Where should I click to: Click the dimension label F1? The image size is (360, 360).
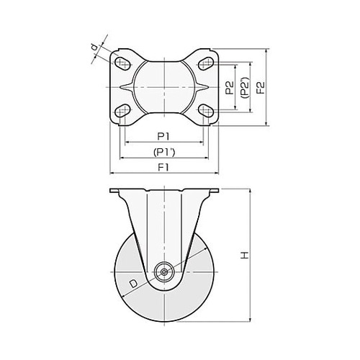tap(163, 167)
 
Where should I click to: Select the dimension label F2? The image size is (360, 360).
tap(261, 87)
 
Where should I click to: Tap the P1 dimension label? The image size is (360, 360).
tap(163, 137)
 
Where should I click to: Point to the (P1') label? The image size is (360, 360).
tap(164, 152)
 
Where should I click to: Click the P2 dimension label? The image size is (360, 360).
tap(230, 88)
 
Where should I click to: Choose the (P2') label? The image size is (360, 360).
tap(246, 87)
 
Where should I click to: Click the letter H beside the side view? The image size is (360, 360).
tap(245, 256)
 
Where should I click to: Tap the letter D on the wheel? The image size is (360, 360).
tap(133, 284)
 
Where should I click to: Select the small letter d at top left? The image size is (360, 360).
tap(96, 47)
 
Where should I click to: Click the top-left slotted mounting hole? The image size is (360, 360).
tap(122, 63)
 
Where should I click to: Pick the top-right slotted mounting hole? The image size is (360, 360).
tap(206, 63)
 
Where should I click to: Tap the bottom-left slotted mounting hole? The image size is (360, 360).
tap(122, 111)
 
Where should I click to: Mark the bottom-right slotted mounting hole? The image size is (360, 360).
tap(206, 111)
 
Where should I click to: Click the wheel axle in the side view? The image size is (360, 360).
tap(164, 272)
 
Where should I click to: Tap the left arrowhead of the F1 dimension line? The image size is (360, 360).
tap(112, 173)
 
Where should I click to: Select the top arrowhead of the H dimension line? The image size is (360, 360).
tap(251, 191)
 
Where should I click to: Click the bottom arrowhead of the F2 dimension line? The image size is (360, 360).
tap(266, 123)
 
